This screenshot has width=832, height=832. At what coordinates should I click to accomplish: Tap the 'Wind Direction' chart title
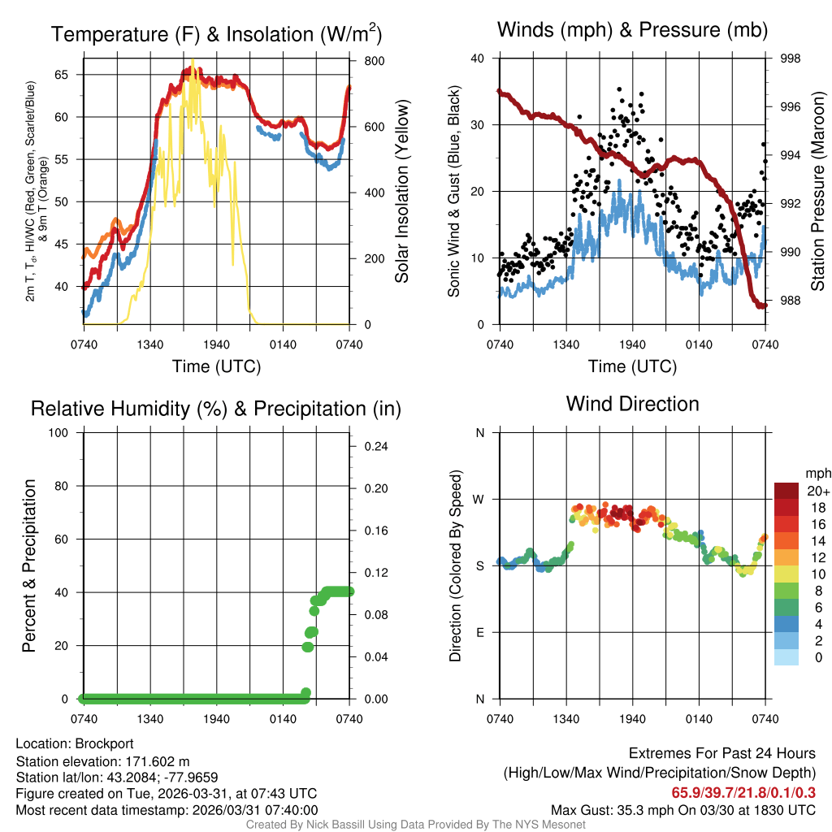click(x=632, y=404)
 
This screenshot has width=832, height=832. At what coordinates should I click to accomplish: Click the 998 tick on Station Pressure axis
click(x=791, y=58)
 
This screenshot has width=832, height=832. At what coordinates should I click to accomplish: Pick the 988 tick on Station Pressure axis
click(x=791, y=300)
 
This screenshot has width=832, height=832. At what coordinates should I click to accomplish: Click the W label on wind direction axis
click(x=479, y=499)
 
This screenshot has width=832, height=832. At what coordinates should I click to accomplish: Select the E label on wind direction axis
click(x=480, y=632)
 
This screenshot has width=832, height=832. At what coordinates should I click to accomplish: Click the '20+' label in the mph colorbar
click(x=817, y=491)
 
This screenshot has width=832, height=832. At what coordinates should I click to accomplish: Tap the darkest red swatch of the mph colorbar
click(x=786, y=490)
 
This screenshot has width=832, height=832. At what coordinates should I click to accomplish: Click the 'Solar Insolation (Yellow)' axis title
click(x=401, y=192)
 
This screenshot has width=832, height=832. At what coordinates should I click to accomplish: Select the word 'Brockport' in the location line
click(x=104, y=743)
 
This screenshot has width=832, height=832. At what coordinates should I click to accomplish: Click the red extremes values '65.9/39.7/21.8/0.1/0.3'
click(x=743, y=792)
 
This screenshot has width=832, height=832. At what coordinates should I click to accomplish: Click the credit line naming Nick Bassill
click(x=415, y=825)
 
